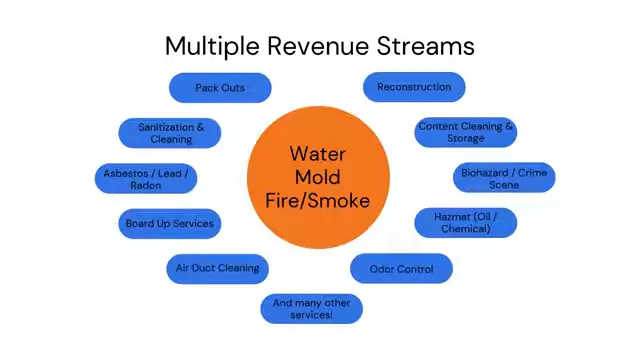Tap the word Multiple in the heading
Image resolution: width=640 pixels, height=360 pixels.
pyautogui.click(x=209, y=46)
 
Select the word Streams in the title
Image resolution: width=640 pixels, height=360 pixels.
pyautogui.click(x=429, y=46)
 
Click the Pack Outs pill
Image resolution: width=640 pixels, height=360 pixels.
pyautogui.click(x=220, y=88)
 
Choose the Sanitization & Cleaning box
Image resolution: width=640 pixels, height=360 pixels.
pyautogui.click(x=171, y=133)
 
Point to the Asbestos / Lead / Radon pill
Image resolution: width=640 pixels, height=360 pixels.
pyautogui.click(x=146, y=179)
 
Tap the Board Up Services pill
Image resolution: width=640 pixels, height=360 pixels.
pyautogui.click(x=169, y=223)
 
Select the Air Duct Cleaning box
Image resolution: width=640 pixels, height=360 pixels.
pyautogui.click(x=217, y=268)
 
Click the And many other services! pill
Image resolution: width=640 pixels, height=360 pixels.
pyautogui.click(x=311, y=309)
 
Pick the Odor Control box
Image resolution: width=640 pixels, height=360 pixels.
pyautogui.click(x=401, y=269)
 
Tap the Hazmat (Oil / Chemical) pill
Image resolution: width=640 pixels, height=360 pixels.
pyautogui.click(x=466, y=223)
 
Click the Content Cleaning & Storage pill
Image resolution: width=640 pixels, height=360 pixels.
pyautogui.click(x=466, y=133)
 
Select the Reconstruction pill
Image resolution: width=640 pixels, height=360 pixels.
pyautogui.click(x=414, y=87)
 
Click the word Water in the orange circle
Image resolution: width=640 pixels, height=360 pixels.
pyautogui.click(x=318, y=154)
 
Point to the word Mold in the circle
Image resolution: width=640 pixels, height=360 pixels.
pyautogui.click(x=318, y=177)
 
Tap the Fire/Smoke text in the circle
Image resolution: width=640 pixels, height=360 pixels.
pyautogui.click(x=318, y=200)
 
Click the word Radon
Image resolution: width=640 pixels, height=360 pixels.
pyautogui.click(x=146, y=185)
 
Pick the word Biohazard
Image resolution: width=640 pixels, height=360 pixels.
pyautogui.click(x=485, y=173)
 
